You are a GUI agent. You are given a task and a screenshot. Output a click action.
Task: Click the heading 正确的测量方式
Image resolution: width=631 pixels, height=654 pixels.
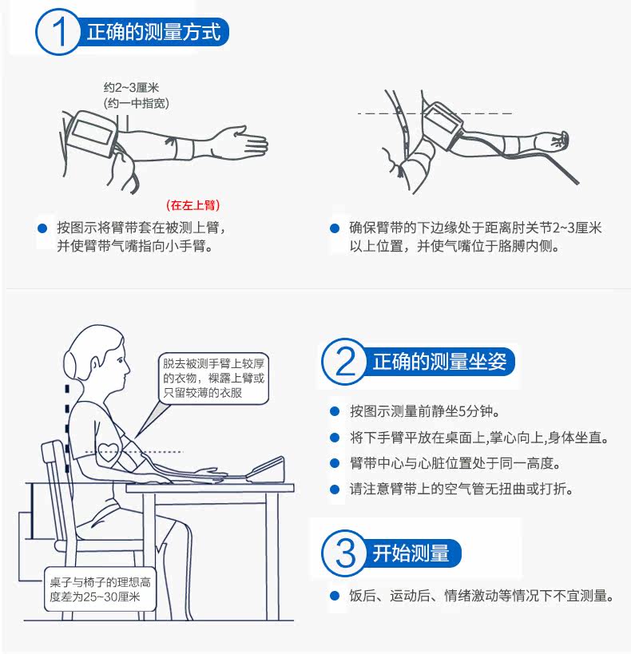pyautogui.click(x=153, y=32)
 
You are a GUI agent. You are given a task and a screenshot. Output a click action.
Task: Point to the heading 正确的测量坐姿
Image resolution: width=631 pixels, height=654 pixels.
pyautogui.click(x=439, y=361)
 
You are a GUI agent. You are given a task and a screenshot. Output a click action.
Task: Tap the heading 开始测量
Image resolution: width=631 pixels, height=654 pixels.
pyautogui.click(x=411, y=553)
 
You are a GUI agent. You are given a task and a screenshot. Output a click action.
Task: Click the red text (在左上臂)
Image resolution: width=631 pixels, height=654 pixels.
pyautogui.click(x=192, y=204)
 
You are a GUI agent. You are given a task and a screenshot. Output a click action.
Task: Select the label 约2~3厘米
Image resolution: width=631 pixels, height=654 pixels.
pyautogui.click(x=132, y=88)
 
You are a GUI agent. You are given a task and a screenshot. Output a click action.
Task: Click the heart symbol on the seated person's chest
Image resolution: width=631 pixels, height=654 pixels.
pyautogui.click(x=109, y=451)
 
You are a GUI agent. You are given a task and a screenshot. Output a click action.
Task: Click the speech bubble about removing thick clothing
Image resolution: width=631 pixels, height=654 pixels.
pyautogui.click(x=213, y=379)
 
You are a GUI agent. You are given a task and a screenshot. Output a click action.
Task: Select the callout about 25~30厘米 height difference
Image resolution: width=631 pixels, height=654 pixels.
pyautogui.click(x=100, y=589)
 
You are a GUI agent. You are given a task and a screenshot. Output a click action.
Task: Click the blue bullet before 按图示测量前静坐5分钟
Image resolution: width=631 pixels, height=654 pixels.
pyautogui.click(x=335, y=412)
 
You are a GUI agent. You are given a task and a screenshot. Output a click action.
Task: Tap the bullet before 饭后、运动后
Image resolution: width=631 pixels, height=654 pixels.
pyautogui.click(x=335, y=596)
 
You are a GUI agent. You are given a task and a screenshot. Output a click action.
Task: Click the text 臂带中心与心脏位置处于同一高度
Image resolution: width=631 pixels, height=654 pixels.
pyautogui.click(x=455, y=463)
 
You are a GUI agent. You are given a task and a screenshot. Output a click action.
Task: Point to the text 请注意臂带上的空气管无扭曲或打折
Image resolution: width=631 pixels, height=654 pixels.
pyautogui.click(x=462, y=489)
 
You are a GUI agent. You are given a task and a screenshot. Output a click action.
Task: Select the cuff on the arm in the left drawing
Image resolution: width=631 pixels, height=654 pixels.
pyautogui.click(x=91, y=133)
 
